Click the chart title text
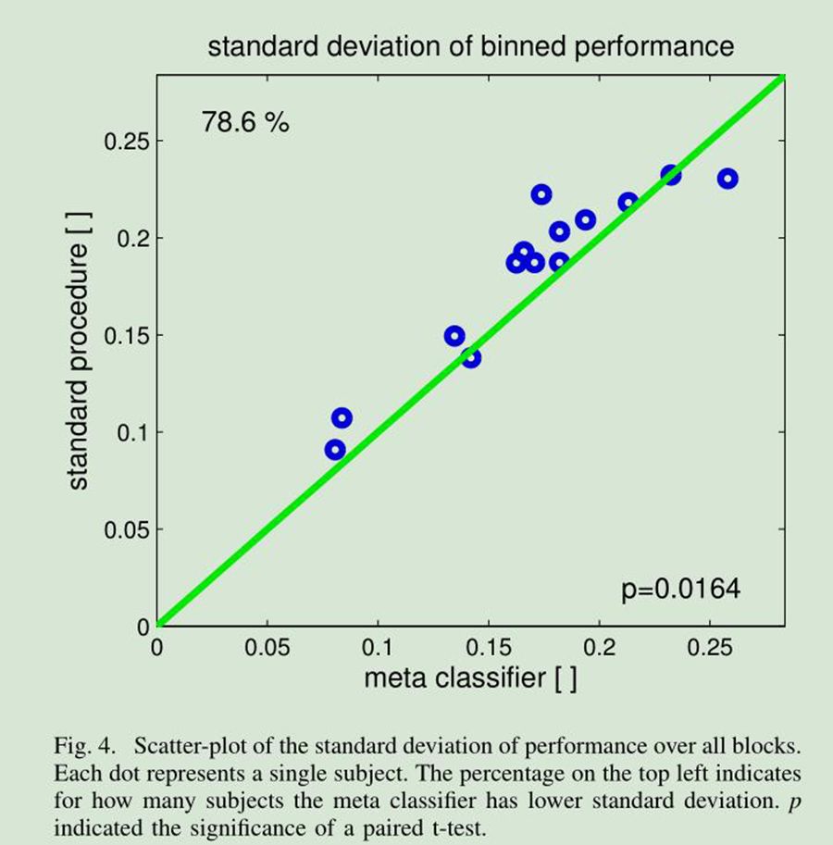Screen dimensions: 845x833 point(470,46)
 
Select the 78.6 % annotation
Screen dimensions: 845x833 point(245,121)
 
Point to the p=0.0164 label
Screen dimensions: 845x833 point(681,590)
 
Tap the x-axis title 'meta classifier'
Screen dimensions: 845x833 point(470,678)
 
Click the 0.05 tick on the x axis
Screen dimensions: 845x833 point(267,646)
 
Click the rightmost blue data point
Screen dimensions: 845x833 point(727,179)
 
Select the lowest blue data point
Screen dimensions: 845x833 point(335,450)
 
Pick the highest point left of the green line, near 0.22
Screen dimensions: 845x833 point(541,194)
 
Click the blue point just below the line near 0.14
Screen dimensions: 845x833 point(470,357)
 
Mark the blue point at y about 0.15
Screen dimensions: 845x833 point(454,336)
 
